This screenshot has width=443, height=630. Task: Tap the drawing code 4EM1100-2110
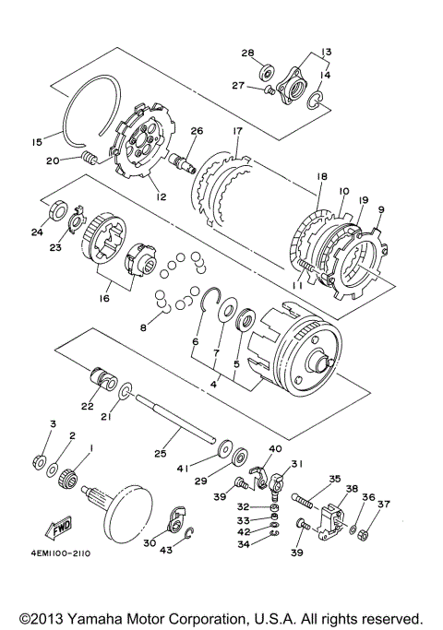tap(61, 553)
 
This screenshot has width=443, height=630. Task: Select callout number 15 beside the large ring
tap(37, 142)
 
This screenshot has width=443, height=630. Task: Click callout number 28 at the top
tap(247, 53)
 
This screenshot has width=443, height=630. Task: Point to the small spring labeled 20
tap(90, 158)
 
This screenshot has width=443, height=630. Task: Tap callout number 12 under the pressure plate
tap(161, 196)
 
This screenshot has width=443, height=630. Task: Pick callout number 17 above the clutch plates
tap(237, 131)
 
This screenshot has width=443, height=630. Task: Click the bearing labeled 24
tap(57, 209)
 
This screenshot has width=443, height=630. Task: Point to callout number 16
tap(103, 299)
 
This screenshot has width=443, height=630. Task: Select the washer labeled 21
tap(126, 391)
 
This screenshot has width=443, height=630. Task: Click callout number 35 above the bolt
tap(334, 479)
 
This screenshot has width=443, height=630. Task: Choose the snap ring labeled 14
tap(315, 101)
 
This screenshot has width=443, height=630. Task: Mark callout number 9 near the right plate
tap(381, 209)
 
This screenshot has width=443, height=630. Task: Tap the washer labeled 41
tap(224, 449)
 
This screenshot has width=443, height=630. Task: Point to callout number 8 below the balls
tap(143, 327)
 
